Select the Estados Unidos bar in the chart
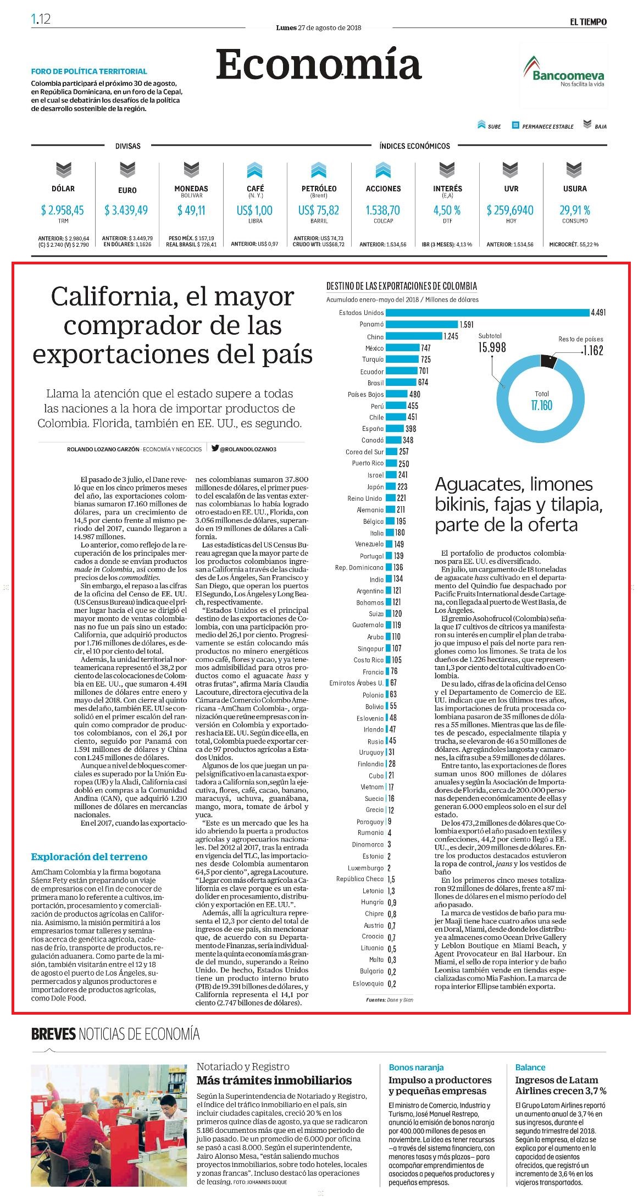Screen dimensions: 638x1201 click(487, 313)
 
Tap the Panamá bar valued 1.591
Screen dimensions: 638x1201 click(421, 324)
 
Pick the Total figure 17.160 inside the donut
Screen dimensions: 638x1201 click(541, 406)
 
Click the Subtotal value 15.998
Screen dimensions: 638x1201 click(492, 347)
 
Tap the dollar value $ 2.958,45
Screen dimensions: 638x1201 click(63, 210)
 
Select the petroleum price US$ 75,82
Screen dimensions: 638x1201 click(319, 210)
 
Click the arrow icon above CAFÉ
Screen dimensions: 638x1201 click(255, 170)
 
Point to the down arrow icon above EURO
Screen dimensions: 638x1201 click(127, 170)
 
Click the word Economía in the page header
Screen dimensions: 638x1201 click(319, 64)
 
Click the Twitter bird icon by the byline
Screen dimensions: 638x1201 click(215, 448)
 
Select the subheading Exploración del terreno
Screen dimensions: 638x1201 click(89, 856)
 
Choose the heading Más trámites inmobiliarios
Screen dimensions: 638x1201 click(274, 1080)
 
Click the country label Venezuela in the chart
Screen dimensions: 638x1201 click(370, 544)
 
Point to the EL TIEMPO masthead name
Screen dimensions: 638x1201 click(588, 22)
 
